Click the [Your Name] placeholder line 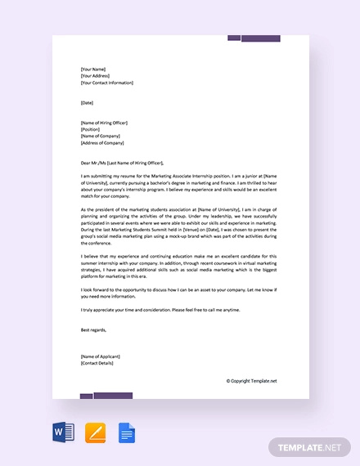pyautogui.click(x=94, y=69)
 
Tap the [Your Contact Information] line pyautogui.click(x=107, y=83)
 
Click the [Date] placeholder pyautogui.click(x=88, y=102)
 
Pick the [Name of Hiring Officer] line pyautogui.click(x=105, y=123)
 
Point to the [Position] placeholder pyautogui.click(x=91, y=129)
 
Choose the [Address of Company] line pyautogui.click(x=103, y=142)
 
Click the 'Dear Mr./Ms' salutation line pyautogui.click(x=128, y=162)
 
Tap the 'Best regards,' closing pyautogui.click(x=94, y=329)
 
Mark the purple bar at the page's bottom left pyautogui.click(x=106, y=396)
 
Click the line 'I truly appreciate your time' pyautogui.click(x=172, y=310)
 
